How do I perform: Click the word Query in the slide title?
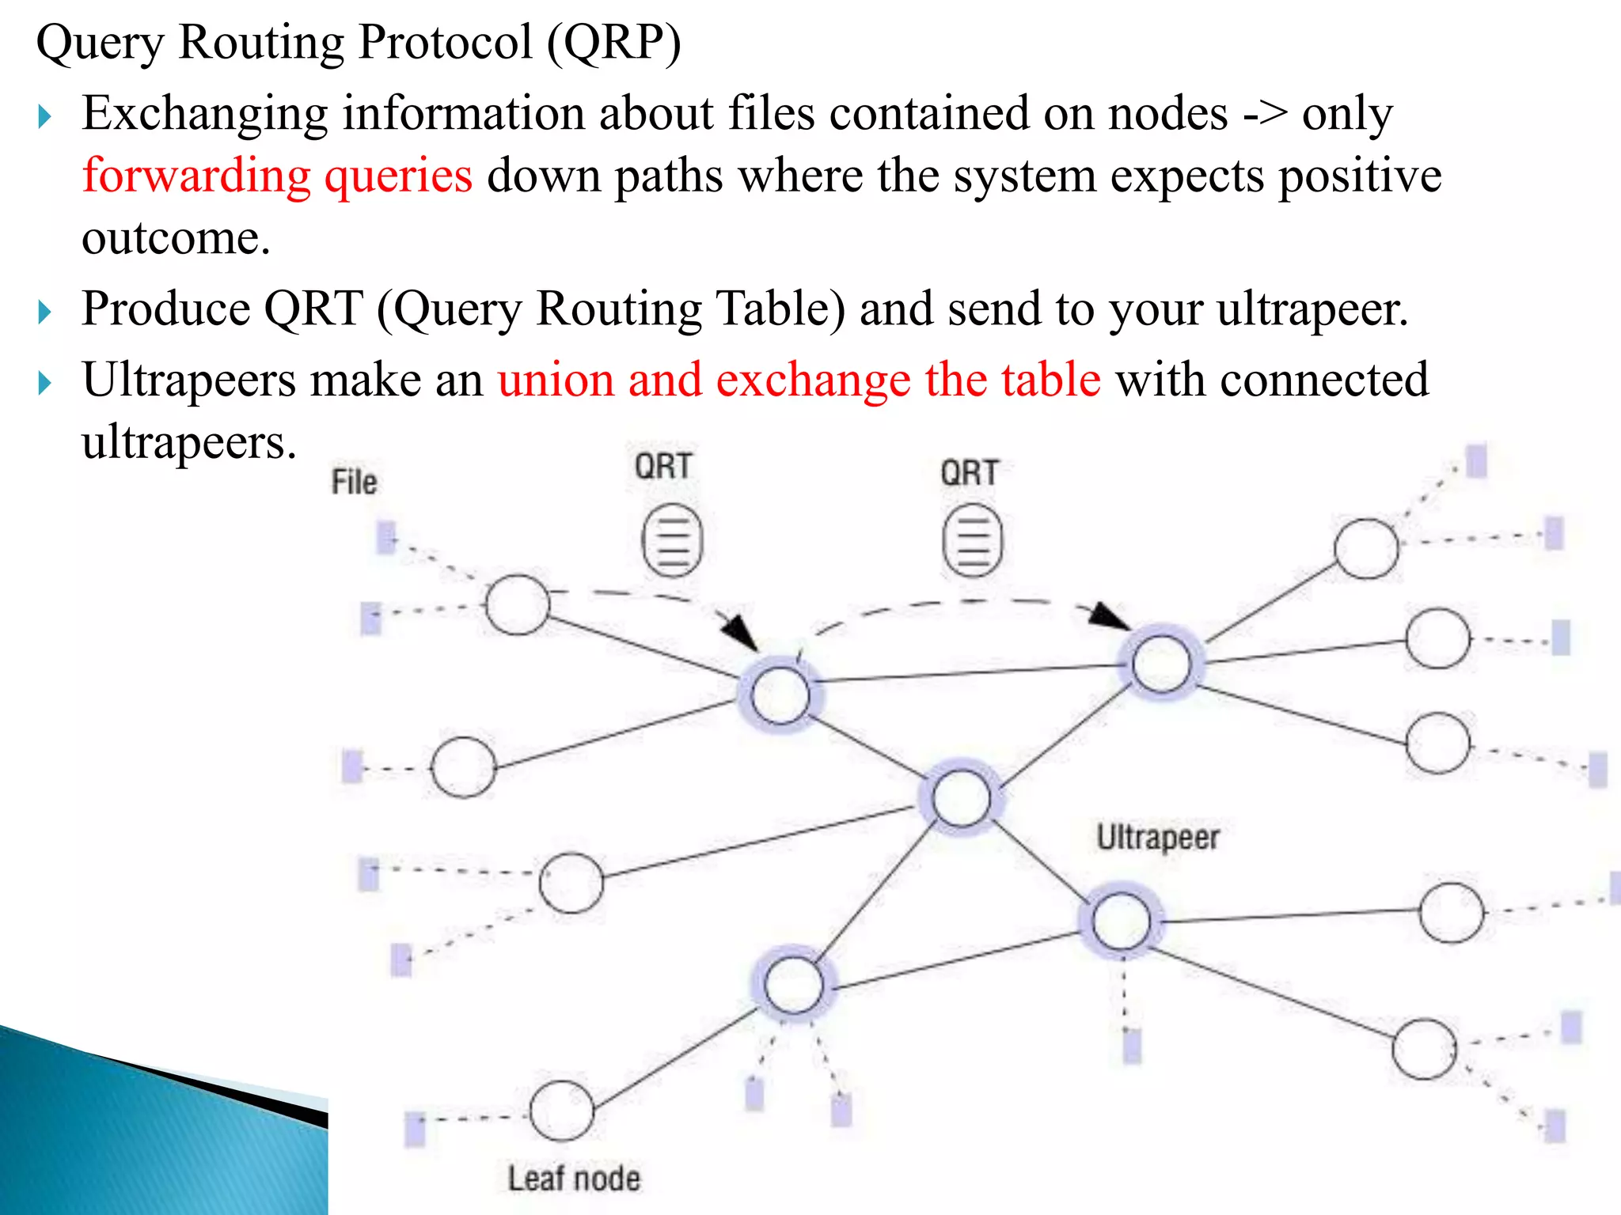click(x=100, y=43)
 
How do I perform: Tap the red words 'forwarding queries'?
click(x=277, y=176)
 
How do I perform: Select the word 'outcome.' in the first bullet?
click(x=176, y=238)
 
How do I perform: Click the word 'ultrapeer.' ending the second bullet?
click(x=1312, y=309)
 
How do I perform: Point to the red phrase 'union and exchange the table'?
click(x=799, y=380)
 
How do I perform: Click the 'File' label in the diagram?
click(x=354, y=482)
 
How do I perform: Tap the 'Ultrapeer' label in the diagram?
click(x=1157, y=837)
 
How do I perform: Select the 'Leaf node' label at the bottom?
click(x=574, y=1179)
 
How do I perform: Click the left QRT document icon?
click(x=672, y=540)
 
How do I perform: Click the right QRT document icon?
click(x=972, y=541)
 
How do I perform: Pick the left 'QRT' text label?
click(x=663, y=466)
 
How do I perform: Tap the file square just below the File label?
click(x=386, y=537)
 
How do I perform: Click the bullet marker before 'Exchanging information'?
click(x=45, y=117)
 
